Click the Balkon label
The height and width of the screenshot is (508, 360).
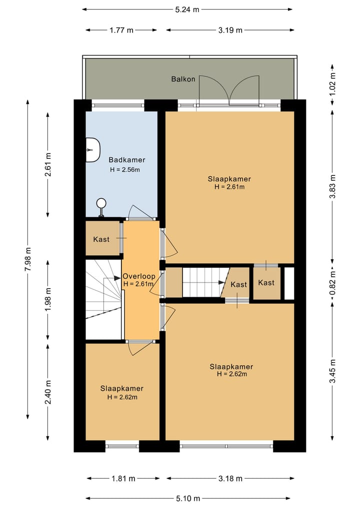[x=183, y=79]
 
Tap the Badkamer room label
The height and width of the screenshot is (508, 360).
[x=127, y=160]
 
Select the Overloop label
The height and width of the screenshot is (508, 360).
[x=139, y=276]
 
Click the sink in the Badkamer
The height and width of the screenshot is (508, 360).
[x=93, y=150]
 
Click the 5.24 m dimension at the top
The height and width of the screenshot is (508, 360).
[x=187, y=9]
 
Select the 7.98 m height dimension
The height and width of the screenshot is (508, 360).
[x=28, y=259]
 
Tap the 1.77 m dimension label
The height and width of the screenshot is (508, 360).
[x=121, y=30]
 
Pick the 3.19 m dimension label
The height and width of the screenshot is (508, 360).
[x=230, y=30]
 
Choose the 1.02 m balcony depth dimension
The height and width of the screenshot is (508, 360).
[x=333, y=84]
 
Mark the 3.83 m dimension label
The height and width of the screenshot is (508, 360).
[x=333, y=186]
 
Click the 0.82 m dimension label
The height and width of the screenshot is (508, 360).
[x=333, y=285]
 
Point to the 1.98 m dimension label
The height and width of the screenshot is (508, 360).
[x=48, y=299]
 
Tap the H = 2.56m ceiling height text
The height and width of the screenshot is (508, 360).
[x=125, y=169]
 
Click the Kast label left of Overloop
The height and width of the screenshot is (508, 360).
[x=101, y=239]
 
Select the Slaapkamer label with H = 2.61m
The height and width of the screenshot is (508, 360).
[x=229, y=179]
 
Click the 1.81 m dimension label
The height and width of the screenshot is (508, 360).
[x=123, y=479]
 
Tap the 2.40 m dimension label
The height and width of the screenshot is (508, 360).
[x=48, y=392]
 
